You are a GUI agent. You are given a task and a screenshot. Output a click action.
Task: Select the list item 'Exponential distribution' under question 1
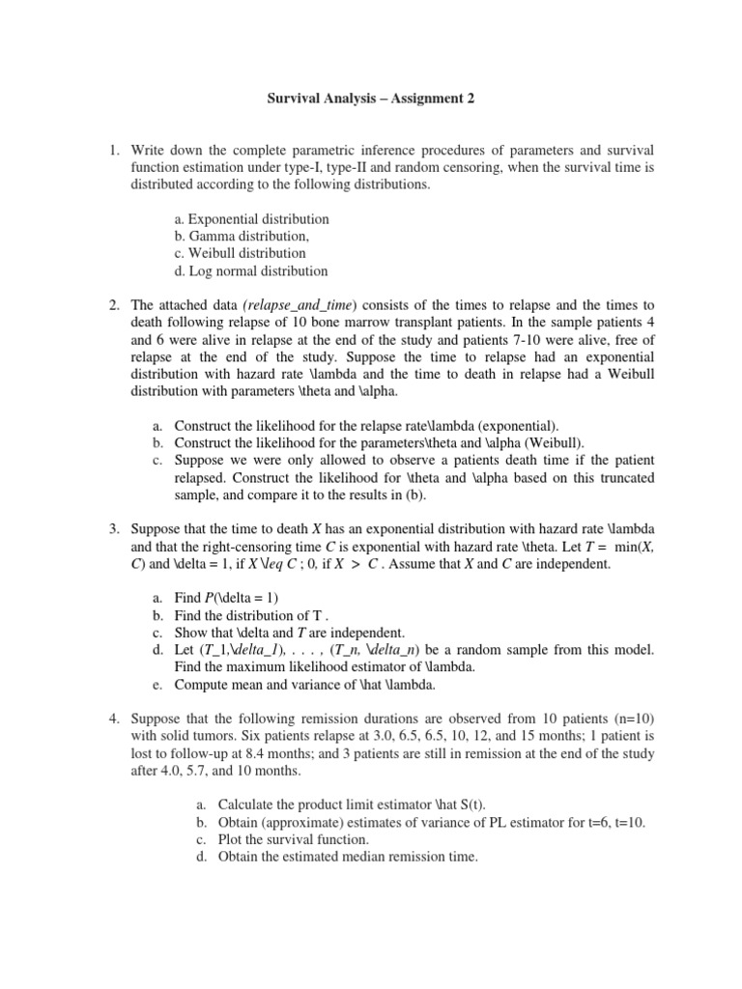251,219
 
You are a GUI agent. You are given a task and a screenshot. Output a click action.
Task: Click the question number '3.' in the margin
113,529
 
